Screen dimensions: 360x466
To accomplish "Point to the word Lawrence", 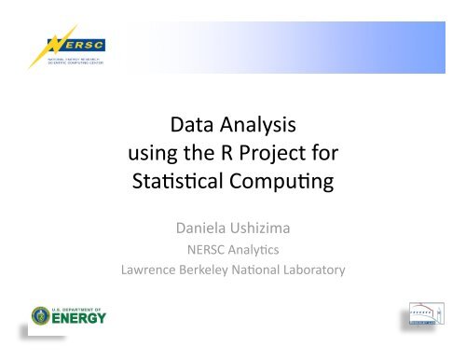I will click(154, 270).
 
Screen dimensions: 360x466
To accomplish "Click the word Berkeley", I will click(218, 270).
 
